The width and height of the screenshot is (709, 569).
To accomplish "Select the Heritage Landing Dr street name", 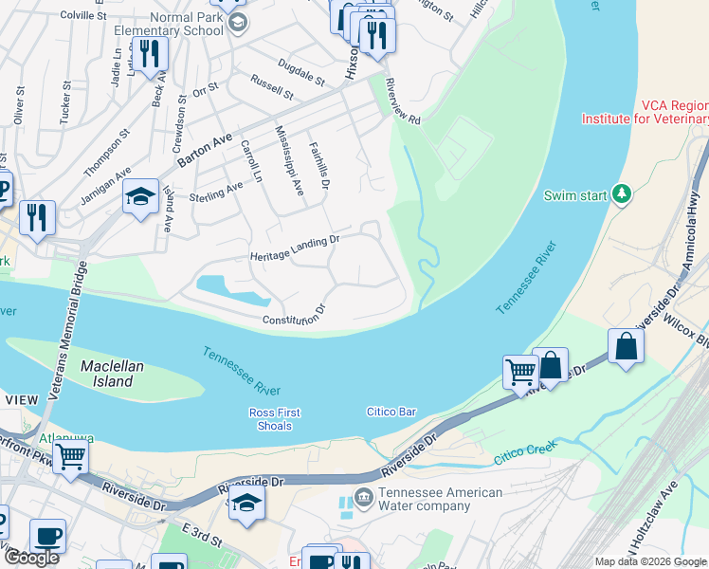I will (294, 249).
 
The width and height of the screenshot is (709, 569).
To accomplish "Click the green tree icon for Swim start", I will (622, 194).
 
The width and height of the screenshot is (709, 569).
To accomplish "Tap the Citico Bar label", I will (392, 412).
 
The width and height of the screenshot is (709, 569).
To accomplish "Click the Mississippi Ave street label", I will (288, 159).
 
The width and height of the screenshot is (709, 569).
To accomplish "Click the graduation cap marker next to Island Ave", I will (140, 197).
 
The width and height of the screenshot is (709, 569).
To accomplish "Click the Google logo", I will (31, 558).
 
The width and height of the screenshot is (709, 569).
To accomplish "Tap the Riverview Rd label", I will (402, 100).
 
